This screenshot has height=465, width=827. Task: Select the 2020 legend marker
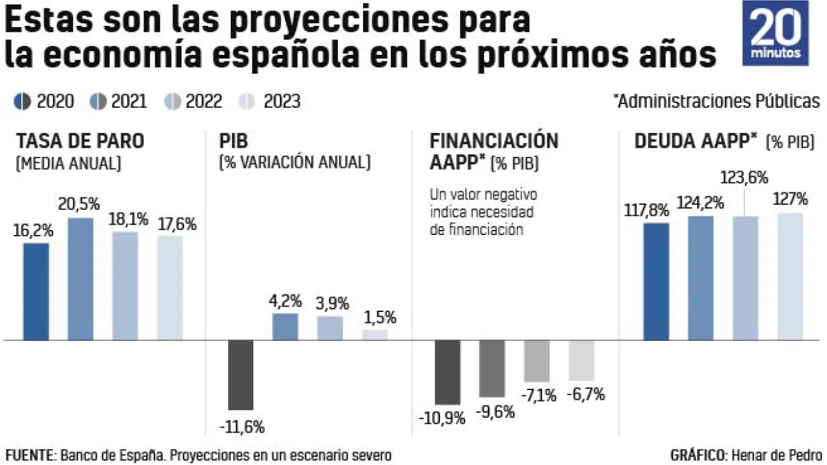click(x=22, y=101)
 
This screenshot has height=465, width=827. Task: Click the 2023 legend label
click(x=281, y=101)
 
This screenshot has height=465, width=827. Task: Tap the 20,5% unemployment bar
click(x=81, y=278)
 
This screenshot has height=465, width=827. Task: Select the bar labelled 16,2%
click(x=36, y=291)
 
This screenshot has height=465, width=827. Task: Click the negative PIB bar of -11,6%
click(x=241, y=375)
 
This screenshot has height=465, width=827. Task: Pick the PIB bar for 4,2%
click(x=285, y=327)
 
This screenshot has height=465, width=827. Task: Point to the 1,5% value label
click(x=379, y=318)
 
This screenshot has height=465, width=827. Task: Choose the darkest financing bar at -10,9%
click(x=447, y=372)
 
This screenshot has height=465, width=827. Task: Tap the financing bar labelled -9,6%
click(x=492, y=368)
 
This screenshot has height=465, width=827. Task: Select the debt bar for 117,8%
click(x=656, y=281)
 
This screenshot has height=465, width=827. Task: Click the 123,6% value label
click(x=745, y=178)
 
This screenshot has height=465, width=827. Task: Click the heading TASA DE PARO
click(x=79, y=141)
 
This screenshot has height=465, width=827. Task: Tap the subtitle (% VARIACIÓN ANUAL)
click(x=295, y=163)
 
